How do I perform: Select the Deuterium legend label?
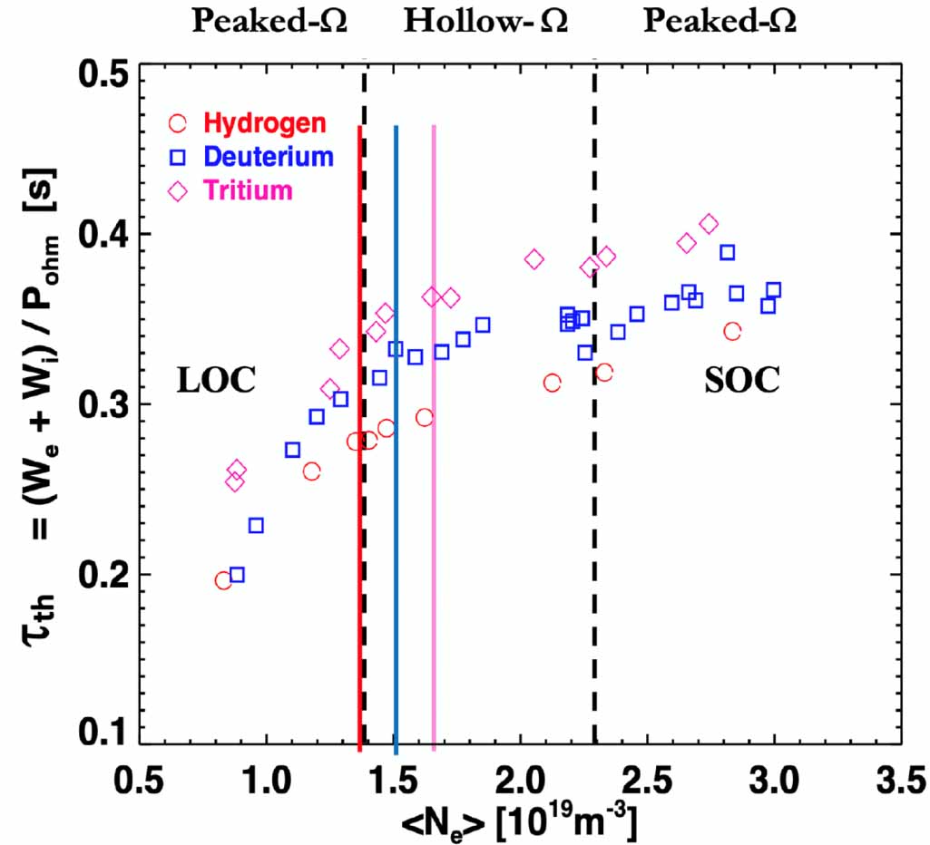point(269,157)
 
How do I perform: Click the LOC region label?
point(216,382)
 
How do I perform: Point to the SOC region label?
point(741,382)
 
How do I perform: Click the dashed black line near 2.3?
point(595,544)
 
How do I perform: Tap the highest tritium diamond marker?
point(709,224)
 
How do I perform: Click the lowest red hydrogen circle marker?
point(223,580)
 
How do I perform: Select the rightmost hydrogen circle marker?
point(732,331)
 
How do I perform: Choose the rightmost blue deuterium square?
point(774,290)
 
